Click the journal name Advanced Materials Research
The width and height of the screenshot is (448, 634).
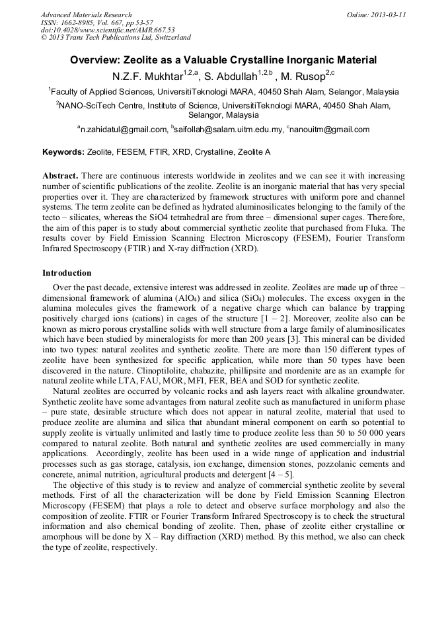86,15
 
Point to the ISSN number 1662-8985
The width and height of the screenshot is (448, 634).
79,22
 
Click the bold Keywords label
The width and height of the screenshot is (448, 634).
63,152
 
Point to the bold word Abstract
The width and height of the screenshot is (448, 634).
60,177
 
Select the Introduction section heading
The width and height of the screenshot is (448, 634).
67,273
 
